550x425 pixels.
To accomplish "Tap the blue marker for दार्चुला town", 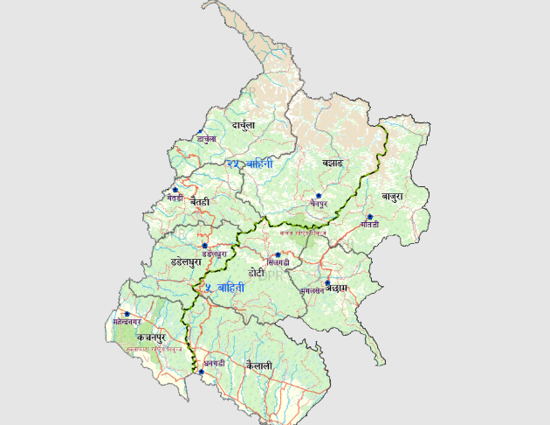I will (201, 132).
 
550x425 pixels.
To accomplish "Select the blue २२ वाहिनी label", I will (250, 164).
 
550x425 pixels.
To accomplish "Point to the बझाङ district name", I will (332, 163).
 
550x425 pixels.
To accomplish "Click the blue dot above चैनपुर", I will (319, 195).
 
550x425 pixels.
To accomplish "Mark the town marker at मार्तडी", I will (370, 216).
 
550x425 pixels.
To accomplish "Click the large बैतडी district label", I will (200, 202).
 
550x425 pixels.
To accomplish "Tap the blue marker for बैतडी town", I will (175, 189).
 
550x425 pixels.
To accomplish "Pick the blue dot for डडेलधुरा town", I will (204, 246).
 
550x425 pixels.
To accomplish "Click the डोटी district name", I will (257, 273).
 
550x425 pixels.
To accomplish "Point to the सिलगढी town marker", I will (278, 254).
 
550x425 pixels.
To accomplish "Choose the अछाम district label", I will (341, 288).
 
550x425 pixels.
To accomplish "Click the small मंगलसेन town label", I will (312, 289).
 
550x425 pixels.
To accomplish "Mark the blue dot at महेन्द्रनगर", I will (127, 314).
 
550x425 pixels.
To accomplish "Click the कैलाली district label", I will (259, 365).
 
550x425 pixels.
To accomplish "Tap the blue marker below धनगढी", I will (201, 373).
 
